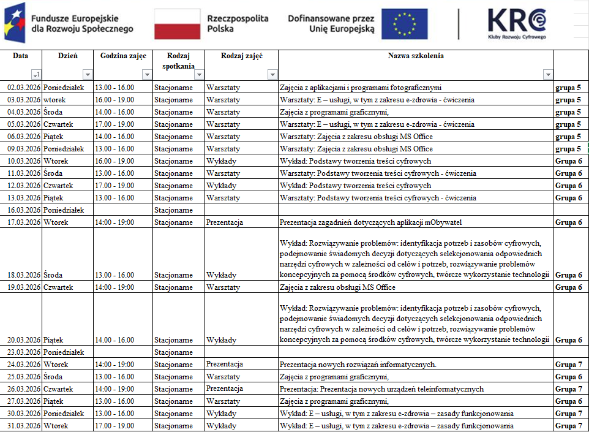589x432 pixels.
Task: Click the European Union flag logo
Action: click(x=404, y=25)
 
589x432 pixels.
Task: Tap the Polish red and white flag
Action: click(x=177, y=25)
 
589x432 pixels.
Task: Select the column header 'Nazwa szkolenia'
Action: click(x=416, y=56)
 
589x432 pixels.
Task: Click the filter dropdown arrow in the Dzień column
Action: click(x=87, y=75)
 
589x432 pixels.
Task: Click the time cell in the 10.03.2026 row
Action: click(x=114, y=161)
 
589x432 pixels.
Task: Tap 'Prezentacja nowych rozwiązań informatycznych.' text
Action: click(x=358, y=365)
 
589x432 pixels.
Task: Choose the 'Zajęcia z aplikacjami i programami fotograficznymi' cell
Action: click(x=361, y=88)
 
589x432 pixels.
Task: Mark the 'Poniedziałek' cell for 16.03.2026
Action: click(x=64, y=210)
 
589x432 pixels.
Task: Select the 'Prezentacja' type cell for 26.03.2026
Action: click(x=224, y=389)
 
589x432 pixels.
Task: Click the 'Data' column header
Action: click(x=20, y=56)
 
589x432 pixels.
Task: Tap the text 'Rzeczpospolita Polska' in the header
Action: click(x=238, y=24)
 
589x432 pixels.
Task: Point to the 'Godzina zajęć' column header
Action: click(x=123, y=56)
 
